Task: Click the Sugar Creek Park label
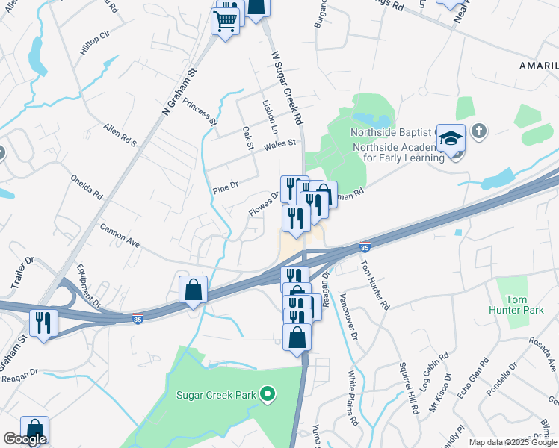click(216, 395)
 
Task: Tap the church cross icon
click(478, 133)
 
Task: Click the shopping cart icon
click(225, 22)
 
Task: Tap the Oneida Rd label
click(87, 189)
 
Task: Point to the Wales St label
click(280, 143)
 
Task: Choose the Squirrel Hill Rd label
click(409, 395)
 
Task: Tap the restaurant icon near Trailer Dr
click(43, 323)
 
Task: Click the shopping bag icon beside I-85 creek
click(193, 288)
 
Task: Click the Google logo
click(25, 439)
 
